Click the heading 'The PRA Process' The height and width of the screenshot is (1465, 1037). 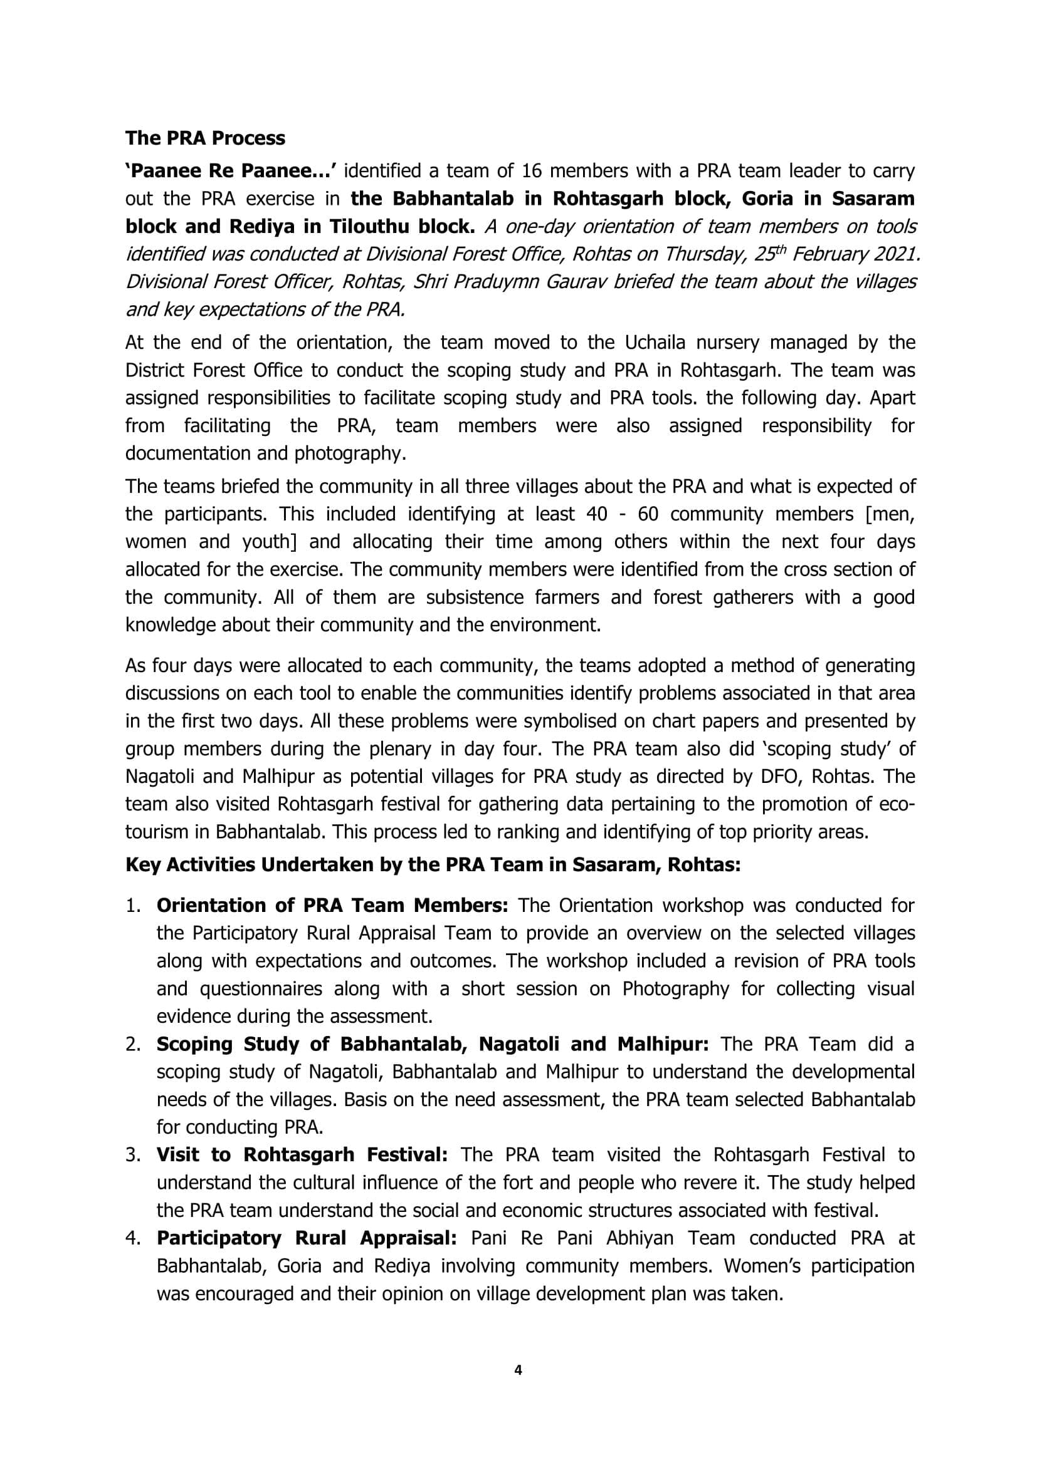pos(205,138)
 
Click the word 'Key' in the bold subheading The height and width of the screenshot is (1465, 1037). pos(143,864)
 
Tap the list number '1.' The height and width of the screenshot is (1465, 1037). pos(133,906)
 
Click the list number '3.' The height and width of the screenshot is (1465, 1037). pos(133,1154)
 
